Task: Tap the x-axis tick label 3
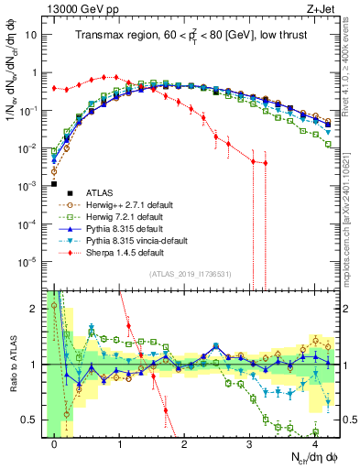(x=250, y=443)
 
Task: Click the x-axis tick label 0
(x=55, y=443)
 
